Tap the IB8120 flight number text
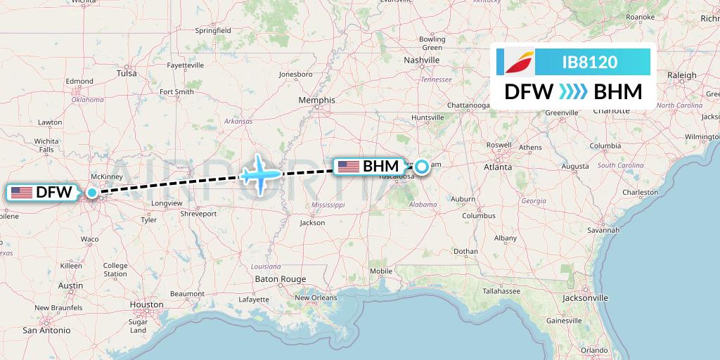pos(590,63)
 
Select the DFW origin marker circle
pos(92,192)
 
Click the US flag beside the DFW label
pos(22,192)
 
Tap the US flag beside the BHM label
pos(349,167)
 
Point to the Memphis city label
pos(317,101)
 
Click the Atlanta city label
pos(497,167)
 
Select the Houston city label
pos(146,305)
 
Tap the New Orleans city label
pos(315,297)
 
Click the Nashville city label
pos(422,60)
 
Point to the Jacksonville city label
pos(585,298)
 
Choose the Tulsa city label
pos(127,73)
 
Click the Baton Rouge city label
pos(281,279)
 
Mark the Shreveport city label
pos(198,214)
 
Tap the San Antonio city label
pos(46,330)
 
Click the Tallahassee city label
pos(506,290)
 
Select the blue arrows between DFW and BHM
pos(574,92)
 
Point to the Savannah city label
pos(605,230)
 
